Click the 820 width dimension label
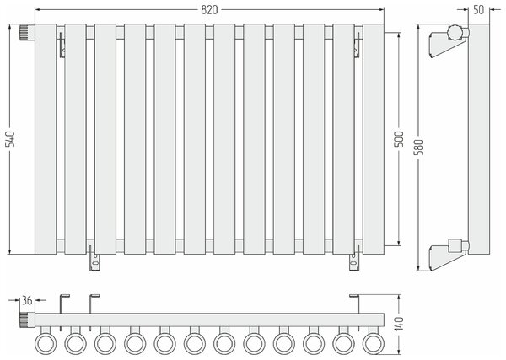[209, 10]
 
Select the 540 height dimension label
[11, 139]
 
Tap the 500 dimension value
[399, 139]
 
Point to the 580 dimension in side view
[418, 147]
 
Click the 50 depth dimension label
[479, 10]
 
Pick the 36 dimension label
[27, 300]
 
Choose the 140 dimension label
[399, 324]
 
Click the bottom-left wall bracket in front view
[94, 258]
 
